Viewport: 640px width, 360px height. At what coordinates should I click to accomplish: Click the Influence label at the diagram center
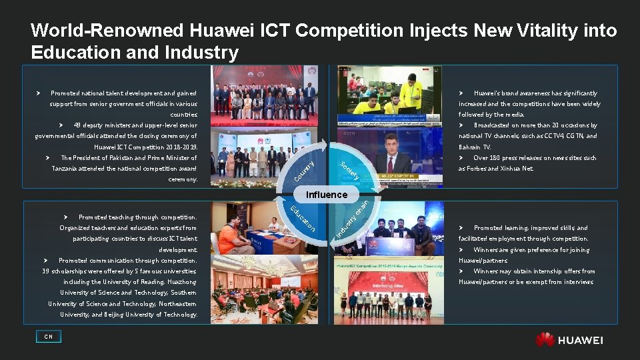click(x=327, y=195)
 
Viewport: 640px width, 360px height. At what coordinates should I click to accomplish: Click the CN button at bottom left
click(x=49, y=337)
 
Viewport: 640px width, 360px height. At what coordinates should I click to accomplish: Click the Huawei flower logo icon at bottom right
click(x=544, y=339)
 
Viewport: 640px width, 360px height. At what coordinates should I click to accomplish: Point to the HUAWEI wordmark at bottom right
click(x=580, y=340)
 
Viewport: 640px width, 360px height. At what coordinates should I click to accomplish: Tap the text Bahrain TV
click(x=475, y=147)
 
